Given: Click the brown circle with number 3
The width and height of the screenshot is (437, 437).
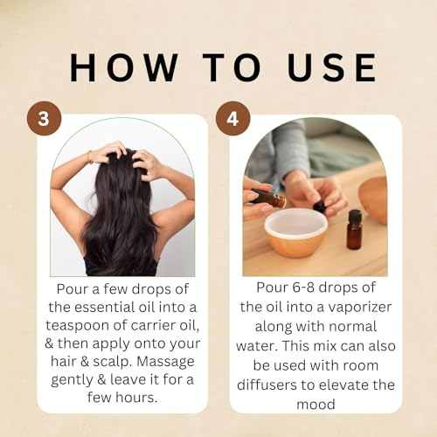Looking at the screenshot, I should pos(43,117).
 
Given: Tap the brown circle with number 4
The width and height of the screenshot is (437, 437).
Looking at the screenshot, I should pos(233,117).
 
